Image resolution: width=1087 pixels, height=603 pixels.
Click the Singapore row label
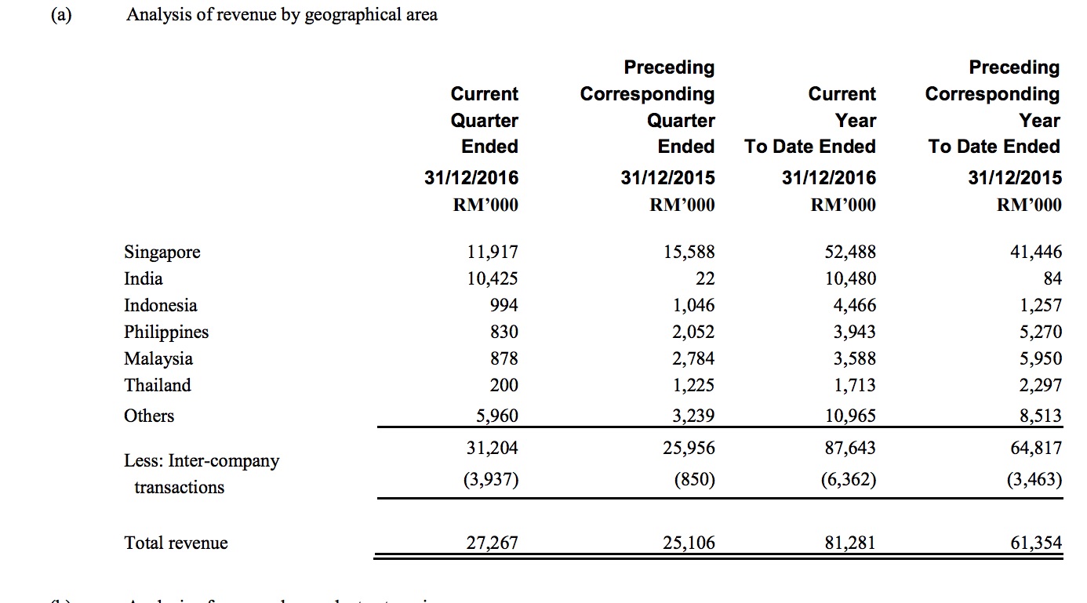(x=162, y=252)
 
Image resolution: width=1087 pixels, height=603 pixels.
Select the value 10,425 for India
(x=491, y=278)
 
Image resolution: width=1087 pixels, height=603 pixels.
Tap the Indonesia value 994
(x=502, y=305)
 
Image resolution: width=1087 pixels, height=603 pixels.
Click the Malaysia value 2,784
(x=693, y=358)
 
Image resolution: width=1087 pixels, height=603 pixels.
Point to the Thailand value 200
(x=503, y=385)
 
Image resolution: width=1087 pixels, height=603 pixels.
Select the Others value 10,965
(x=850, y=416)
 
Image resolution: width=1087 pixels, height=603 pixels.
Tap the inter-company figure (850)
(x=694, y=479)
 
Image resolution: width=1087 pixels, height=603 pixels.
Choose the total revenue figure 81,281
(x=850, y=543)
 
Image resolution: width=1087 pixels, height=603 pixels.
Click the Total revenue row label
(x=176, y=543)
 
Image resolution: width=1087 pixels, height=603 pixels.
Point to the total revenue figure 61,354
(x=1036, y=543)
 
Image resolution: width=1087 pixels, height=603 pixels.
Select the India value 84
(x=1051, y=278)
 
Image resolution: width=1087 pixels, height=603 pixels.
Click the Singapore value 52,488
(x=850, y=252)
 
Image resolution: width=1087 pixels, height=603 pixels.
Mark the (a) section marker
(x=58, y=14)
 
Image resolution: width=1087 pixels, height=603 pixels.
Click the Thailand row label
(x=158, y=385)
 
